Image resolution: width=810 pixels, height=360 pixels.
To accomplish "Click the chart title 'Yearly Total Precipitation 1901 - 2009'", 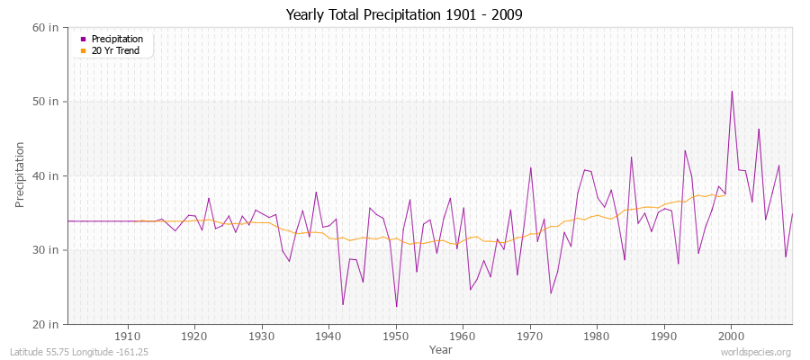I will click(x=404, y=15).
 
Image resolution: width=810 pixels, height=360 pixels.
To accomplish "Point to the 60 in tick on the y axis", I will click(x=46, y=27).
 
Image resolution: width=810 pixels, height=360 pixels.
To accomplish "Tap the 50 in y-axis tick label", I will click(x=46, y=101).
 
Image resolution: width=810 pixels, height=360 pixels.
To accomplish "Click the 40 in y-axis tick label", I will click(x=46, y=175).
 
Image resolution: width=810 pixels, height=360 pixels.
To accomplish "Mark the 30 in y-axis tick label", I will click(x=46, y=249).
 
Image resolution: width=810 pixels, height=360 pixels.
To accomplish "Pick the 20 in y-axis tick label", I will click(x=46, y=324).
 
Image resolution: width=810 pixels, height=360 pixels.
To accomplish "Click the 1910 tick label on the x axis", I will click(x=127, y=336).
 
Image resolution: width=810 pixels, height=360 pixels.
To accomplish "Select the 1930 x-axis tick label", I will click(x=261, y=336).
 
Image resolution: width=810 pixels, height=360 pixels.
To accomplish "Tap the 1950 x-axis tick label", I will click(x=395, y=336).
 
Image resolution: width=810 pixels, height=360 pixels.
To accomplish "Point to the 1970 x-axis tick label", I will click(x=530, y=336).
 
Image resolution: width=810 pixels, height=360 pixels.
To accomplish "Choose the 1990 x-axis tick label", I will click(x=664, y=336).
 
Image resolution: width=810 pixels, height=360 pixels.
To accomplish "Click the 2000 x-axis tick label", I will click(x=732, y=336).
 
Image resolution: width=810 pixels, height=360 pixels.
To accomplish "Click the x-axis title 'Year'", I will click(x=441, y=348).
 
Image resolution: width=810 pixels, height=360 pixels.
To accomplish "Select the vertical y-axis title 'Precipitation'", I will click(x=20, y=175).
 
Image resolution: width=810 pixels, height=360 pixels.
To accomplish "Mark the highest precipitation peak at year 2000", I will click(x=732, y=91).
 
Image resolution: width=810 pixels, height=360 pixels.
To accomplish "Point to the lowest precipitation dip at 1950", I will click(x=396, y=307).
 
